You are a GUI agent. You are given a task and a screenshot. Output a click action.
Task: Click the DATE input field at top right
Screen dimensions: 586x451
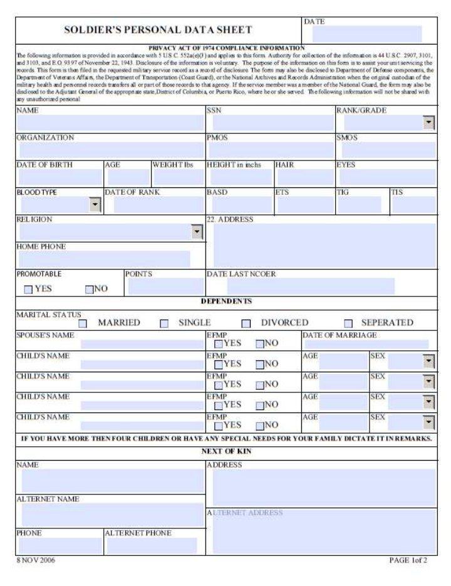coord(363,34)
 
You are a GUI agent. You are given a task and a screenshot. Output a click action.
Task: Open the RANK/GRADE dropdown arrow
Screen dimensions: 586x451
coord(428,123)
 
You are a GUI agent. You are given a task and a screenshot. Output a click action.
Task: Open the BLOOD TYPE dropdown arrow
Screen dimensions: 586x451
coord(95,204)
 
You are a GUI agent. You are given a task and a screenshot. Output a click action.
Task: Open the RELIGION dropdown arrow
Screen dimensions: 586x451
coord(197,232)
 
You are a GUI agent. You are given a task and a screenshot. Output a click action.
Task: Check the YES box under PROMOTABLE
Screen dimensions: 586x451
coord(28,290)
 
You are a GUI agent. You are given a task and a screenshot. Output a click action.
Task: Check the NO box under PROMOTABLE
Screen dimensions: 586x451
coord(89,290)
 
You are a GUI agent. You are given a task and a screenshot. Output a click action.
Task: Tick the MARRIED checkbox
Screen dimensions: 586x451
coord(83,323)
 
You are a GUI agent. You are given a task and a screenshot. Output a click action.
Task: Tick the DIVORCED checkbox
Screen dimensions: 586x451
coord(246,323)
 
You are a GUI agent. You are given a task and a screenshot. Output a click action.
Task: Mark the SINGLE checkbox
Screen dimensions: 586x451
coord(164,323)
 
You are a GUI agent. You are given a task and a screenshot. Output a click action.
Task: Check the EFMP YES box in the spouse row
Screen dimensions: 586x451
coord(218,344)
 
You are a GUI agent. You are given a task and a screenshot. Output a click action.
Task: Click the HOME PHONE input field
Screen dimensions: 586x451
coord(104,259)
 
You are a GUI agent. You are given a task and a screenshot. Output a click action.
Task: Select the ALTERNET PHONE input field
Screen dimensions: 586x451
coord(155,546)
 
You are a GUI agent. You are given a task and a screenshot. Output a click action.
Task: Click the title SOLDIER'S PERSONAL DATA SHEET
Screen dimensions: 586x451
coord(158,30)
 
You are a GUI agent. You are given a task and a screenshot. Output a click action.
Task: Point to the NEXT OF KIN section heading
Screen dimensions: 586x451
coord(226,451)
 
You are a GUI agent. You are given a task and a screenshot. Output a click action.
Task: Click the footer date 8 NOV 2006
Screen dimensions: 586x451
coord(36,560)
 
